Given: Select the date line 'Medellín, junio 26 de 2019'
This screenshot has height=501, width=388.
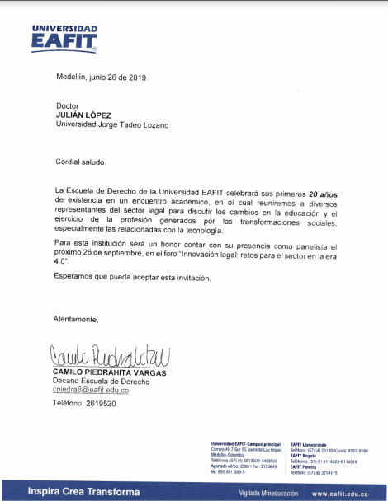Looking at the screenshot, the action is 101,77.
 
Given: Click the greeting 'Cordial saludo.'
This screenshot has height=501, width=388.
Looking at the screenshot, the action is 80,162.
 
